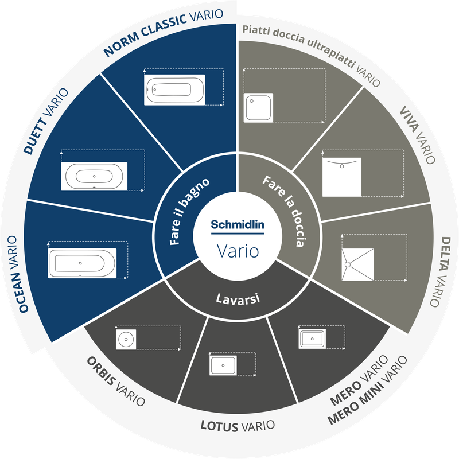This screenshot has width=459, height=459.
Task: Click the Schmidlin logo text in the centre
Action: click(238, 225)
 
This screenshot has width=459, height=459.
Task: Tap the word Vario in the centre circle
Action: click(238, 251)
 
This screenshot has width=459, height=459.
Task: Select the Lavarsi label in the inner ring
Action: click(238, 299)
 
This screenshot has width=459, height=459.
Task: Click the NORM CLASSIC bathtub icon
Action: click(174, 90)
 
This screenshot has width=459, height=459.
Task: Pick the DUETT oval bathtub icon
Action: click(94, 176)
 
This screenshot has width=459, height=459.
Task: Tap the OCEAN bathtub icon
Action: click(82, 263)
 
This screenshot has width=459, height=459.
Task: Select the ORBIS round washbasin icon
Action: click(126, 339)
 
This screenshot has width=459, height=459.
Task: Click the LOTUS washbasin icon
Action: click(223, 365)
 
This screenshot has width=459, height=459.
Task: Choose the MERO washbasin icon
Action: click(312, 339)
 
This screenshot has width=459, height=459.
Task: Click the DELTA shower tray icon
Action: click(357, 264)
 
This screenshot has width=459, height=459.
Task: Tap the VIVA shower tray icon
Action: click(342, 177)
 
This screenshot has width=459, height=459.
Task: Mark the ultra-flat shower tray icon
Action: click(258, 108)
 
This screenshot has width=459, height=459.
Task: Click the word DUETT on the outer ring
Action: click(36, 136)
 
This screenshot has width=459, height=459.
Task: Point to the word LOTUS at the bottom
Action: click(219, 426)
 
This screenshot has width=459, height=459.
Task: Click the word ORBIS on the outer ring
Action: click(102, 371)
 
